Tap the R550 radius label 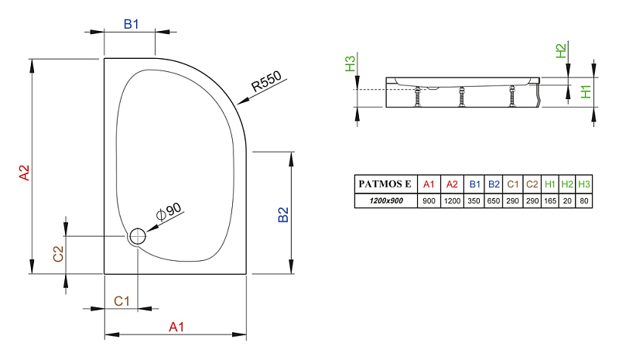[x=266, y=81]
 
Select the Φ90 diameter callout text [x=169, y=211]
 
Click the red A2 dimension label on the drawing [x=25, y=173]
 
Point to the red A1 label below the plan [x=176, y=327]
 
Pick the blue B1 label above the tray [x=131, y=24]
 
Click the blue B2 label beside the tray [x=283, y=214]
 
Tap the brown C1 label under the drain [x=121, y=301]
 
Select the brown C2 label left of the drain [x=59, y=254]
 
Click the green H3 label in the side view [x=351, y=63]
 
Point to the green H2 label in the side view [x=560, y=51]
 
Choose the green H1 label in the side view [x=586, y=91]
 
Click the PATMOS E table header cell [x=385, y=183]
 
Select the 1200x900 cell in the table [x=386, y=201]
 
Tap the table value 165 [x=550, y=201]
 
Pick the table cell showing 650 [x=494, y=201]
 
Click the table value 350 [x=474, y=201]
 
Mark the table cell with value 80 [x=584, y=201]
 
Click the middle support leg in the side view [x=461, y=97]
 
